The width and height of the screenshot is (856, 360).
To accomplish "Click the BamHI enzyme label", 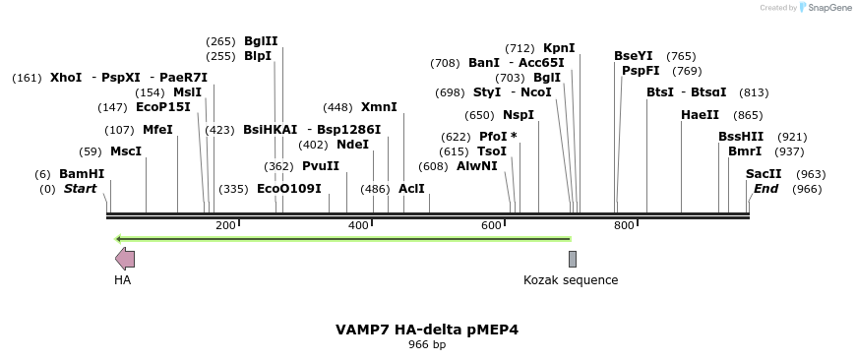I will (82, 174).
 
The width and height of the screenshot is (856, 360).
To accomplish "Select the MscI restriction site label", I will (126, 151).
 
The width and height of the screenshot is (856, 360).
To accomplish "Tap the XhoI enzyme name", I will (66, 77).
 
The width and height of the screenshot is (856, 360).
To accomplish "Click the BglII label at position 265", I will (261, 41).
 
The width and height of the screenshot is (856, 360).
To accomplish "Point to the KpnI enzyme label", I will (559, 48).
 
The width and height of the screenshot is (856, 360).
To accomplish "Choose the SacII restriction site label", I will (764, 174).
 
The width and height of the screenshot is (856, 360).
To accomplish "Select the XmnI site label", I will (379, 107).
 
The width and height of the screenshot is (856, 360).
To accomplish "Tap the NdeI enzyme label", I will (352, 145).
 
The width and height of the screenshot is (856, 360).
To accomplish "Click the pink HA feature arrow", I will (125, 259).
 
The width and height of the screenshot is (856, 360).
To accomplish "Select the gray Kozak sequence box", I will (573, 259).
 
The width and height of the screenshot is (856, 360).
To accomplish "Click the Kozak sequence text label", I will (571, 280).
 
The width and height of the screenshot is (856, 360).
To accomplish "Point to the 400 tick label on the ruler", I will (358, 226).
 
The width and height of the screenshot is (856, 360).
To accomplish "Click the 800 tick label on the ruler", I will (624, 226).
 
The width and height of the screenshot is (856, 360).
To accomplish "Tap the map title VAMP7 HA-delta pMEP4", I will (427, 330).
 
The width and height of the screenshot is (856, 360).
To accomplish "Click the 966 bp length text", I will (427, 345).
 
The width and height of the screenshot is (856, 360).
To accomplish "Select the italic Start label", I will (81, 189).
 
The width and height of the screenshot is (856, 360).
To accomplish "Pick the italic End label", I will (766, 189).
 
